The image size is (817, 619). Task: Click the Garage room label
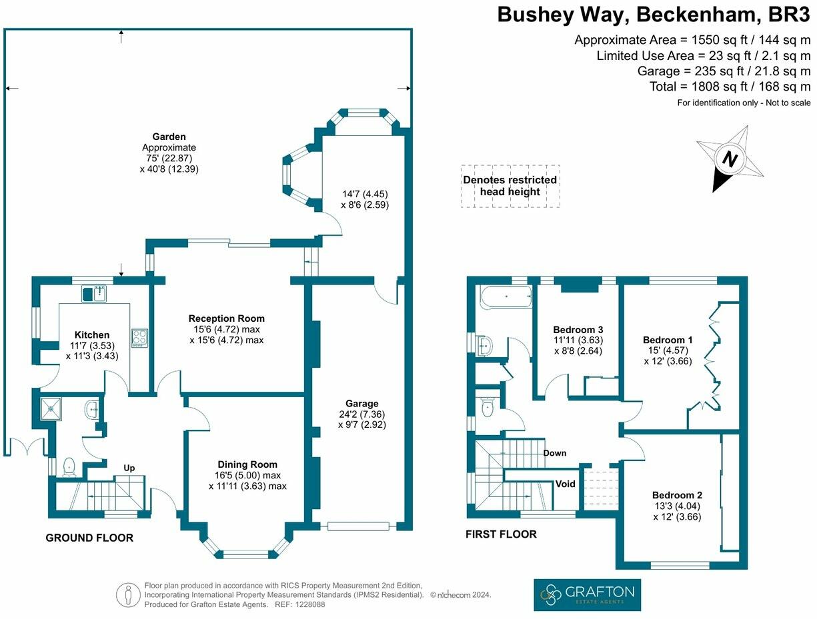click(x=361, y=403)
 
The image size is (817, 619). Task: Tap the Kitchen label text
click(x=92, y=334)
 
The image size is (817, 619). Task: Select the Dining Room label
click(x=247, y=464)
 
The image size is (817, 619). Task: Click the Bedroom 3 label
click(x=578, y=330)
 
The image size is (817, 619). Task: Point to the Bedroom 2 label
click(x=676, y=495)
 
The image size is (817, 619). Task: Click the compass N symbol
click(x=730, y=160)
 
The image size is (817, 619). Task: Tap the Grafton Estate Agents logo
click(x=587, y=594)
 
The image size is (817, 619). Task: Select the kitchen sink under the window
click(x=95, y=293)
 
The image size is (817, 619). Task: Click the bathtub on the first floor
click(x=506, y=296)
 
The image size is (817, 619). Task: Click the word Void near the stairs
click(x=565, y=484)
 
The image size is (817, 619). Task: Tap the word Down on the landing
click(x=554, y=453)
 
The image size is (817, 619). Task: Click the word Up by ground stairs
click(x=129, y=468)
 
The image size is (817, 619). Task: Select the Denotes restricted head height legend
click(x=510, y=186)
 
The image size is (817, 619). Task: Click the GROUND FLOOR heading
click(x=89, y=538)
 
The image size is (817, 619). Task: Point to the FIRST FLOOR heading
click(x=501, y=534)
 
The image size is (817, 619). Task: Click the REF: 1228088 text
click(x=299, y=604)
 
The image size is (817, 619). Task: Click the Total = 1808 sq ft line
click(x=730, y=87)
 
